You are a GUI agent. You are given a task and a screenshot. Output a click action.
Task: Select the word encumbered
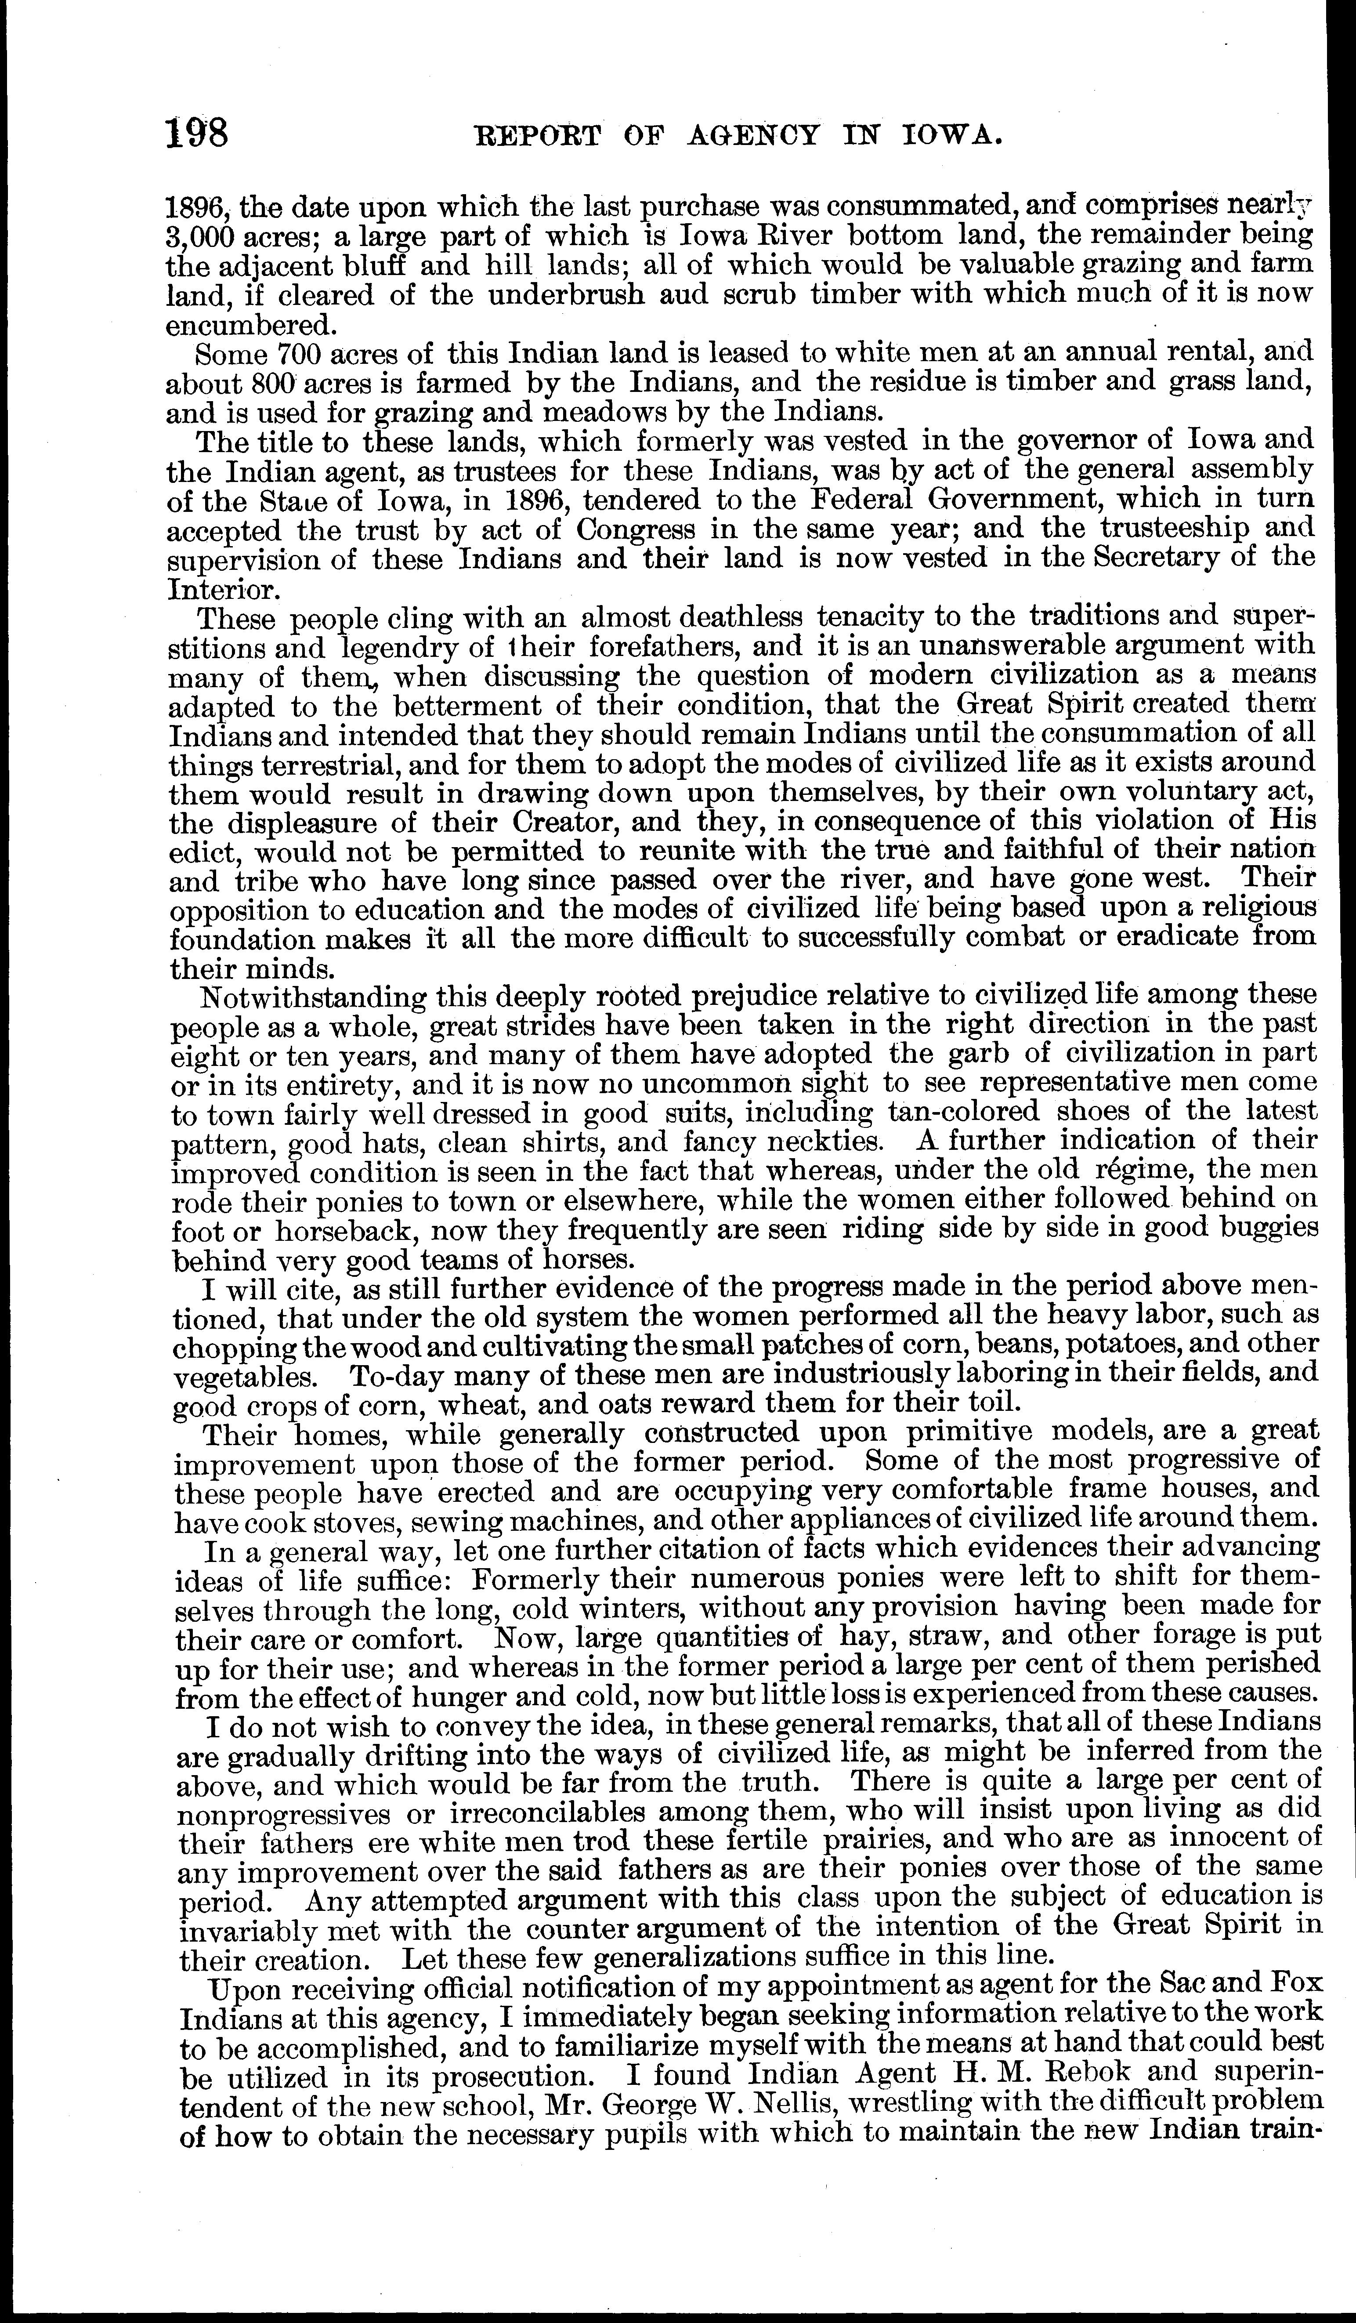pos(247,326)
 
